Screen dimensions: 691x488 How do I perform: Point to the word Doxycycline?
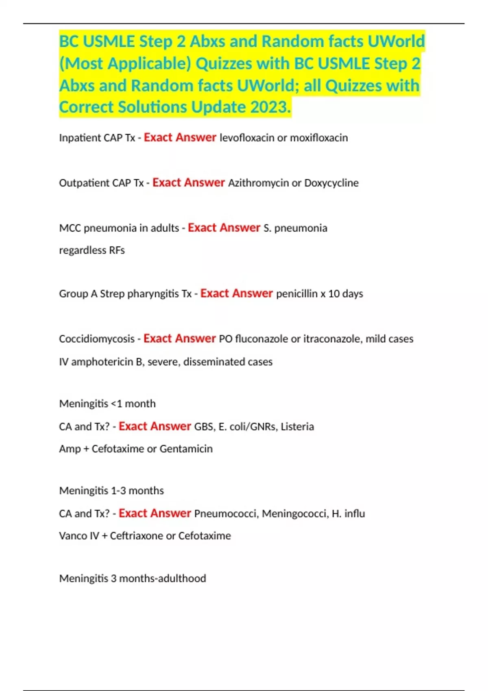[331, 183]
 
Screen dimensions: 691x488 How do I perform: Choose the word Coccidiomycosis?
[97, 339]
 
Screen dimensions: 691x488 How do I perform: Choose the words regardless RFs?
[92, 250]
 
